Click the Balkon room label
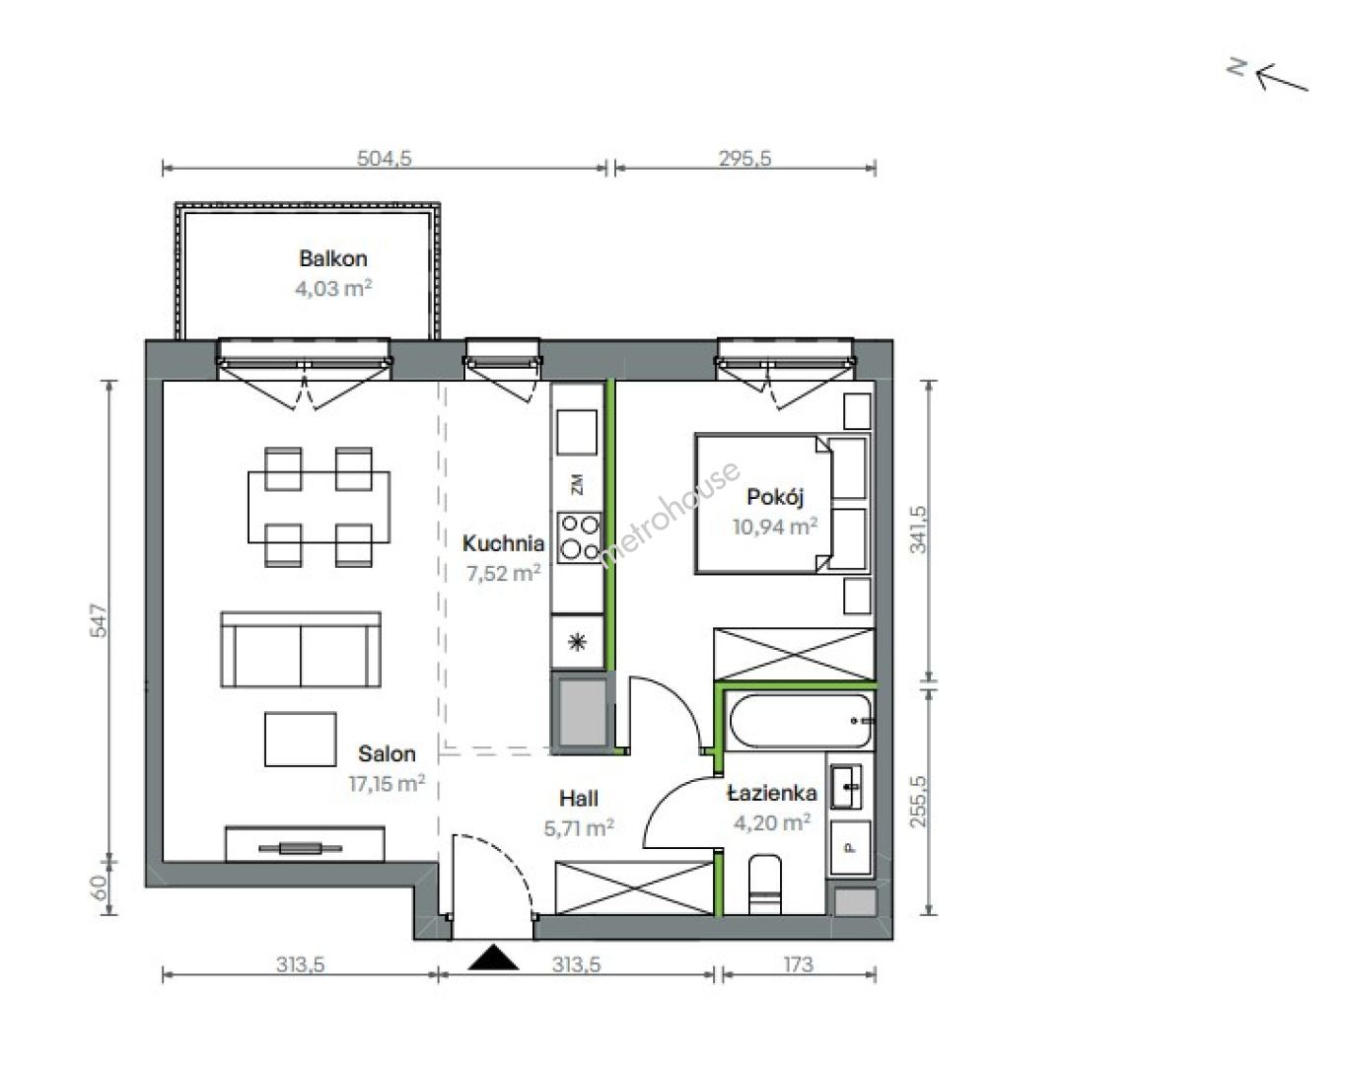coord(332,258)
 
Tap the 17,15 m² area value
coord(388,783)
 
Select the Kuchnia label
coord(503,543)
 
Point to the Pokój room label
coord(775,497)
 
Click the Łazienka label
coord(772,793)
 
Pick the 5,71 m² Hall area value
coord(579,828)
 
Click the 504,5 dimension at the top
coord(384,159)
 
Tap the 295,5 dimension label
coord(744,159)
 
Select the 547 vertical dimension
coord(99,620)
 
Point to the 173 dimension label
coord(798,964)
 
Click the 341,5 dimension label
coord(918,530)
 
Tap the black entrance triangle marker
coord(493,958)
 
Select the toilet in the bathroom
coord(765,885)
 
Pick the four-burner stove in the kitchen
coord(580,537)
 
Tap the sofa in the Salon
coord(301,650)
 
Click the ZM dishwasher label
coord(577,484)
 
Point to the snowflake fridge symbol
coord(577,642)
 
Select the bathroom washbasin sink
coord(847,787)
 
